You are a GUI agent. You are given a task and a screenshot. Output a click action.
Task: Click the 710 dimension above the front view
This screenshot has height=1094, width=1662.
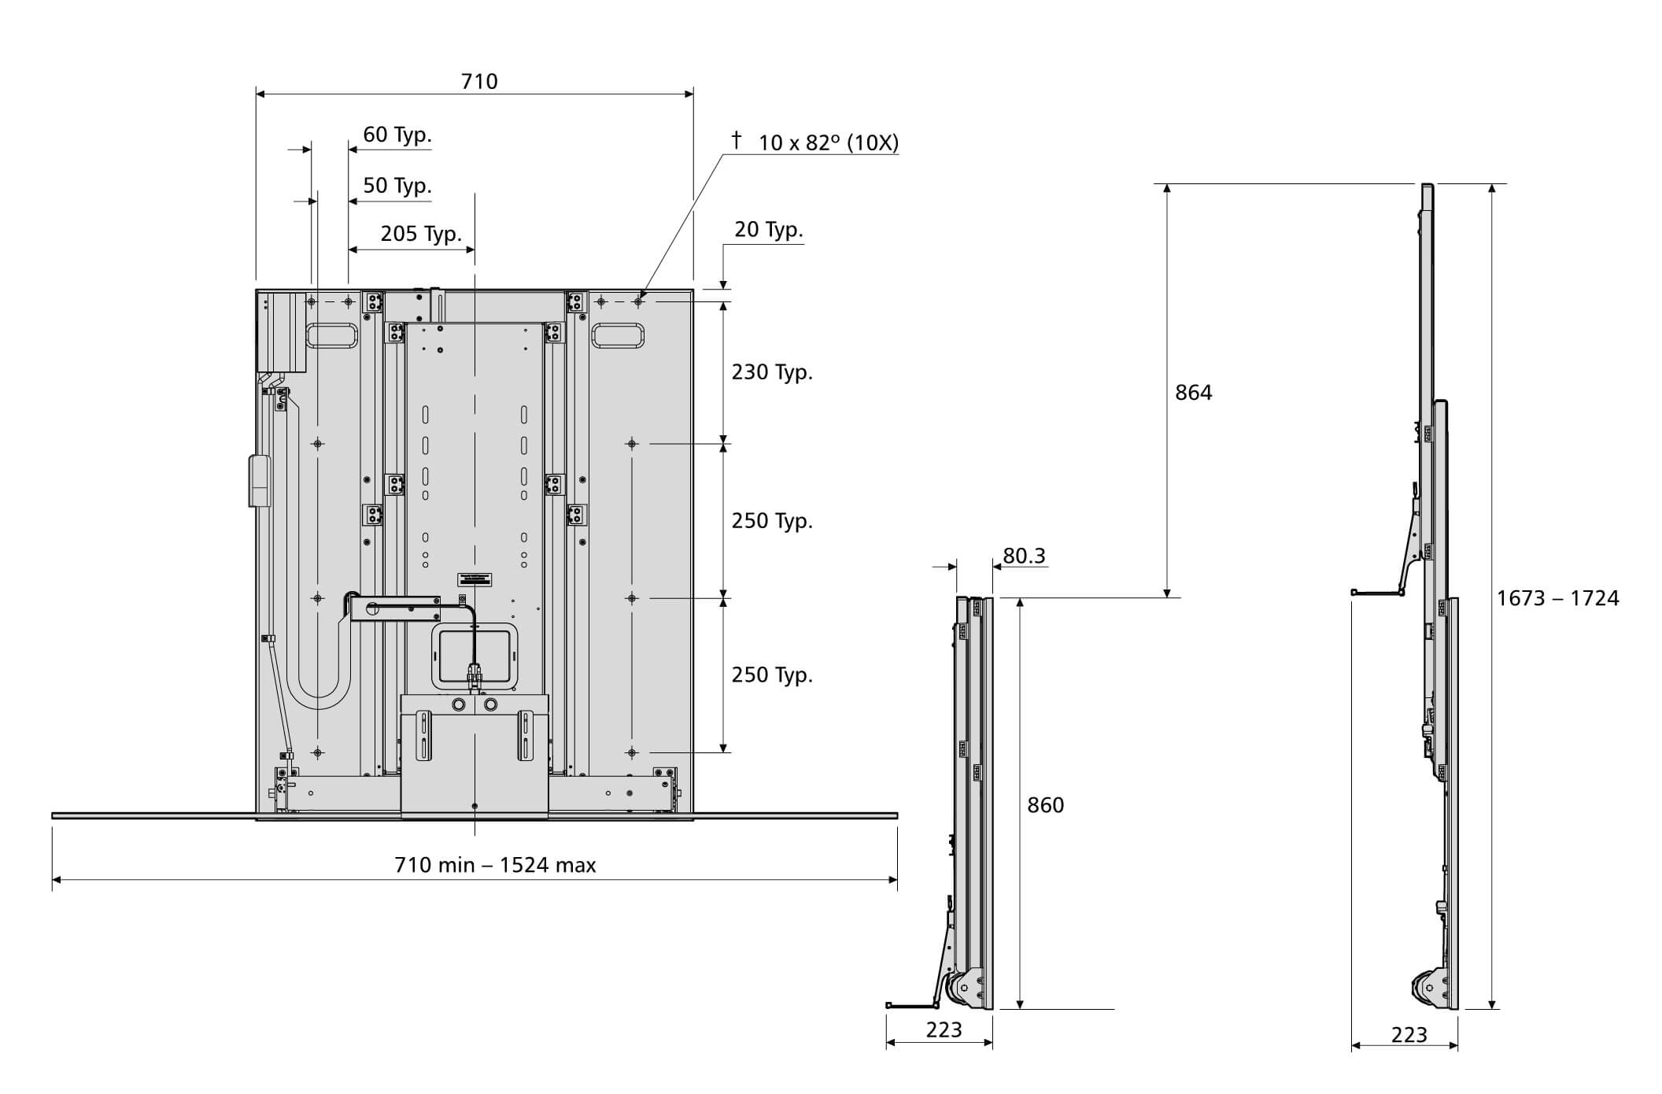click(478, 82)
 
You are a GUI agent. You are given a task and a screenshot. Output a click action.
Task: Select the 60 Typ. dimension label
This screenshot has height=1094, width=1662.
click(397, 135)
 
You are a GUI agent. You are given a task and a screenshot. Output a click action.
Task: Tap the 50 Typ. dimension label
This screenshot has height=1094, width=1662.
click(397, 186)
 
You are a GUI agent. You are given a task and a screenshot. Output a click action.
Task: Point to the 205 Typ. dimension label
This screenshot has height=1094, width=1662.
click(420, 234)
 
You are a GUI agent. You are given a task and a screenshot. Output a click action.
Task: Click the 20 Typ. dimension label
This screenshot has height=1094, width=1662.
click(768, 230)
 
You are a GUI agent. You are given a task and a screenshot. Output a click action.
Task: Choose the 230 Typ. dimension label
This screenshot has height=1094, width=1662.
click(771, 371)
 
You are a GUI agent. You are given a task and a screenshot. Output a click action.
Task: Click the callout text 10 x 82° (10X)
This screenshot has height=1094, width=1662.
click(828, 143)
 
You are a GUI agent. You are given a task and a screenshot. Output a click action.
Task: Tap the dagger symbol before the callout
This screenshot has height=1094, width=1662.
click(736, 140)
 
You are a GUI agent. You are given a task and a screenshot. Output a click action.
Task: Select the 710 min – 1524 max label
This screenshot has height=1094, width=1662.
click(495, 865)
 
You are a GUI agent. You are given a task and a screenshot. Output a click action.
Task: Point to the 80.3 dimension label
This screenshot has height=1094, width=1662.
click(1023, 556)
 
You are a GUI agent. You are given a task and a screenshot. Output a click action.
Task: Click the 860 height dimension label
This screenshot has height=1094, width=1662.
click(1045, 804)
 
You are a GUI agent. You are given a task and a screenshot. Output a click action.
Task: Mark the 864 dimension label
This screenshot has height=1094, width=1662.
click(1193, 392)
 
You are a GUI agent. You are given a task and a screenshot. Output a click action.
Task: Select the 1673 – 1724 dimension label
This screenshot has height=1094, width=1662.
click(1557, 598)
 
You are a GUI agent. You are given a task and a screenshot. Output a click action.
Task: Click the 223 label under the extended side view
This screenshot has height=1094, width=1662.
click(1409, 1034)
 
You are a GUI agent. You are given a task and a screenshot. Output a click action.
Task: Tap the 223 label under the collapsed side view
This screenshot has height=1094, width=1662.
click(943, 1029)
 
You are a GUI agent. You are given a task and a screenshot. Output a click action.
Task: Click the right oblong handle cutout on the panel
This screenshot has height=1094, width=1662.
click(618, 335)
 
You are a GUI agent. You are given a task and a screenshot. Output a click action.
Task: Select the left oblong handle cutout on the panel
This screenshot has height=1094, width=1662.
click(332, 336)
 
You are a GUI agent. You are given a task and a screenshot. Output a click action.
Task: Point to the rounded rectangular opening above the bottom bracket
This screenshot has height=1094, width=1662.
click(475, 656)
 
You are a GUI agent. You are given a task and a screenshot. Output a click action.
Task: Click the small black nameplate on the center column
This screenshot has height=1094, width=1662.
click(475, 578)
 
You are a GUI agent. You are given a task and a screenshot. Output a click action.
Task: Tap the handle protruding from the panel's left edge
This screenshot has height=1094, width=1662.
click(258, 480)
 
